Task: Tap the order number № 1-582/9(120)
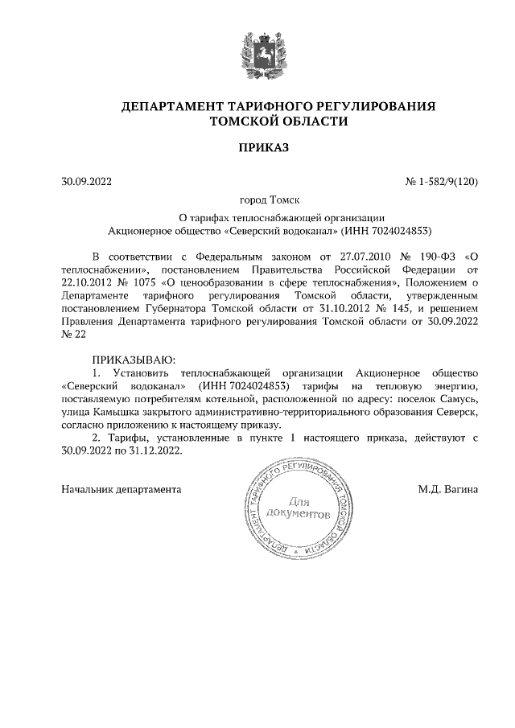click(442, 182)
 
